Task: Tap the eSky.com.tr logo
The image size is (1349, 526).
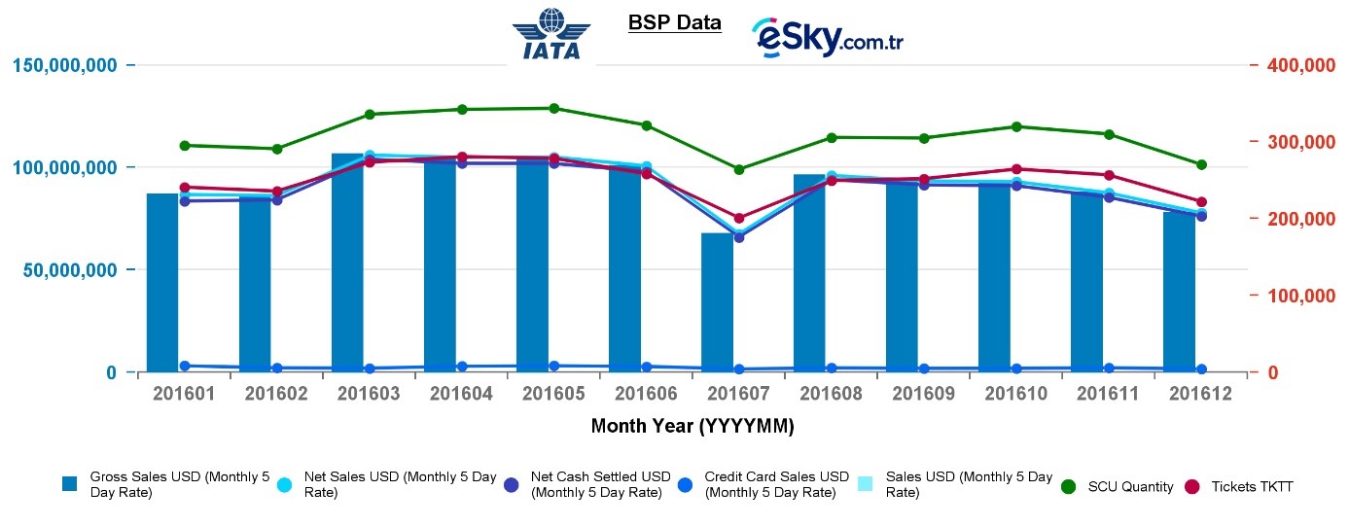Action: click(827, 38)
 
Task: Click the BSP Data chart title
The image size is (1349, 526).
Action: click(675, 21)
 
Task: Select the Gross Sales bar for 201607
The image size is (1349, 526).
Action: click(717, 302)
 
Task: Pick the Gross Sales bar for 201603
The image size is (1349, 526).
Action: click(347, 263)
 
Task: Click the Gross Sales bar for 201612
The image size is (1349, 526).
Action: click(1179, 292)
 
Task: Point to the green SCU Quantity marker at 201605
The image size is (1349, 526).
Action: click(554, 108)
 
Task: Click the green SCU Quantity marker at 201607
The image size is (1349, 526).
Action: click(739, 169)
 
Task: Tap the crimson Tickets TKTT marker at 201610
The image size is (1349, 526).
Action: click(1016, 169)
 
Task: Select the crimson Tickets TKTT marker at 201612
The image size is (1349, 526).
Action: click(1201, 201)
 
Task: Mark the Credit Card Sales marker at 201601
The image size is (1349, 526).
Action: click(185, 366)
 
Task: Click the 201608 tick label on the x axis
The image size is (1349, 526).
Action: click(832, 394)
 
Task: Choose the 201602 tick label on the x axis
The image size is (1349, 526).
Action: click(277, 394)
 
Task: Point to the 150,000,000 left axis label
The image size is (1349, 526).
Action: click(65, 65)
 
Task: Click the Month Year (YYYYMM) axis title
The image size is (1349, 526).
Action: click(692, 426)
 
